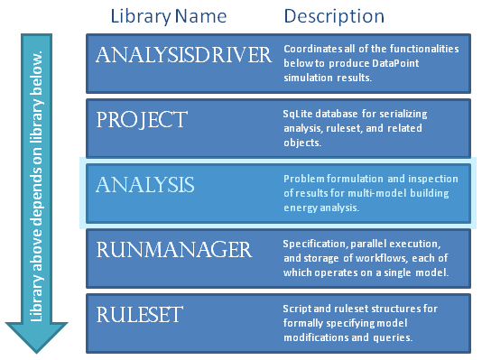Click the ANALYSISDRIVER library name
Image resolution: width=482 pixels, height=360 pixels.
pyautogui.click(x=183, y=56)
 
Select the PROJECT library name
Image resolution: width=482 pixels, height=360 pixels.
pyautogui.click(x=142, y=120)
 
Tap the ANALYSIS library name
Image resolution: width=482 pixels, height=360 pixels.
pyautogui.click(x=145, y=185)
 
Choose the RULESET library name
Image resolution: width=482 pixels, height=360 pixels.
pyautogui.click(x=140, y=315)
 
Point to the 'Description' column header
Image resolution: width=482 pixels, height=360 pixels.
pyautogui.click(x=334, y=16)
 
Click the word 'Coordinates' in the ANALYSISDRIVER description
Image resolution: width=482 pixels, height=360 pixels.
pyautogui.click(x=313, y=48)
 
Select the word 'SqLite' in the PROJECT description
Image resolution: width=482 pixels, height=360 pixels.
pyautogui.click(x=299, y=114)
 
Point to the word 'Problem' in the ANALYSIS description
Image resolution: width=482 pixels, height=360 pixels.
pyautogui.click(x=302, y=179)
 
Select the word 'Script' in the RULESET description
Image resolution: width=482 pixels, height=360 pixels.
pyautogui.click(x=297, y=309)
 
